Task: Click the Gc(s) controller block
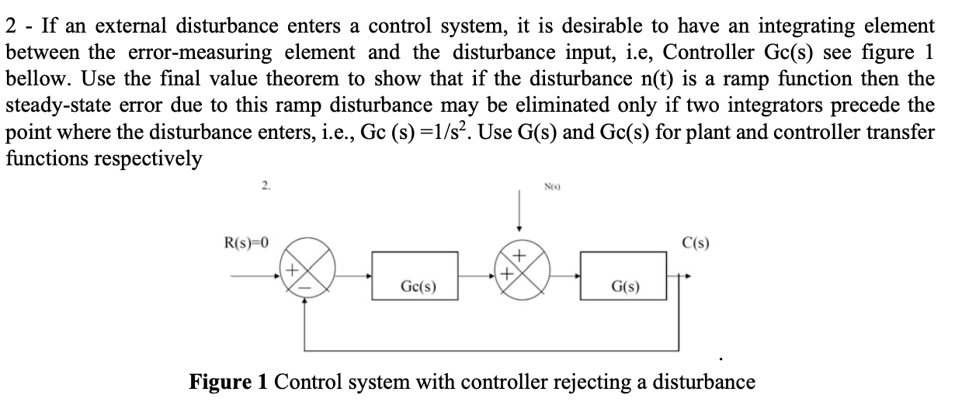coord(417,276)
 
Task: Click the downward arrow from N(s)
coord(519,221)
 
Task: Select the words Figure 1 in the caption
coord(227,382)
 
